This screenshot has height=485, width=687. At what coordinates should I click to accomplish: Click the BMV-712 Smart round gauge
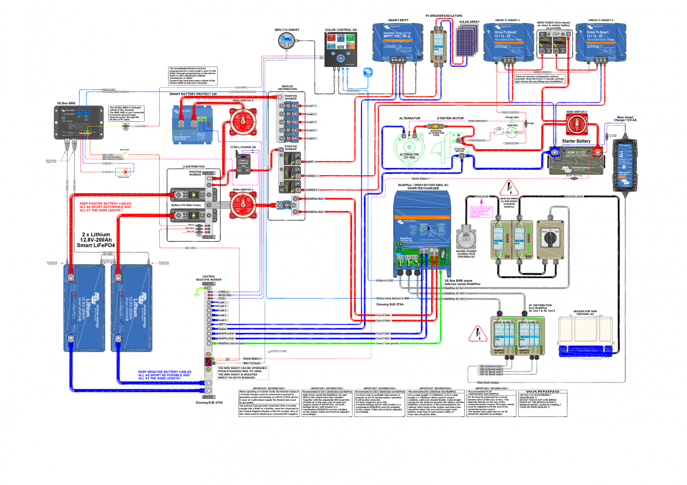[x=286, y=41]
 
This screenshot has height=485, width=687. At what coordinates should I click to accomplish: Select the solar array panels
[x=467, y=41]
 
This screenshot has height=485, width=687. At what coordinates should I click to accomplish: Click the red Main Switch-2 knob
[x=243, y=122]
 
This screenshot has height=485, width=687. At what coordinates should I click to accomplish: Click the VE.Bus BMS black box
[x=78, y=122]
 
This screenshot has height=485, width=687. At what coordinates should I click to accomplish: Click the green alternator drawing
[x=409, y=149]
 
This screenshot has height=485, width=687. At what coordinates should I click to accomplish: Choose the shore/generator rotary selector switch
[x=550, y=239]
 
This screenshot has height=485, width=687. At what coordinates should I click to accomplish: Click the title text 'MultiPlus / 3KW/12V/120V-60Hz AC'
[x=423, y=185]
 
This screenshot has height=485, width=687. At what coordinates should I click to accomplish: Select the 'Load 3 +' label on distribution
[x=311, y=122]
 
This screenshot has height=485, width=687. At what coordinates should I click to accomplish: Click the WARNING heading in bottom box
[x=542, y=392]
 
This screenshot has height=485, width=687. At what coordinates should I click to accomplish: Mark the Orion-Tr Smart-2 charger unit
[x=600, y=42]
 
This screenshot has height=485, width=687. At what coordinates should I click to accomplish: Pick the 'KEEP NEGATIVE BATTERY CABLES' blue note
[x=164, y=375]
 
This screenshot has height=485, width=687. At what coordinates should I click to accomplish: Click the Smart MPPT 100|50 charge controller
[x=398, y=42]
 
